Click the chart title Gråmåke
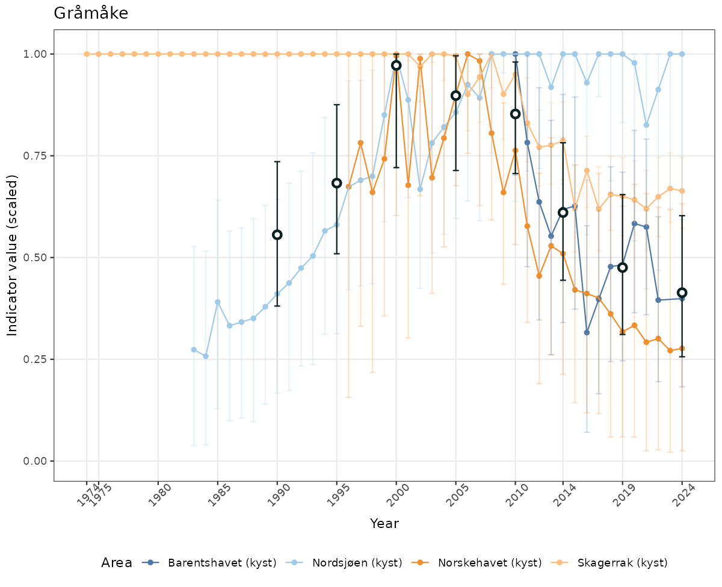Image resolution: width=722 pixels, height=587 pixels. [91, 13]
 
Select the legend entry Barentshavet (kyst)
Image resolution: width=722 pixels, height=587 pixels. [222, 563]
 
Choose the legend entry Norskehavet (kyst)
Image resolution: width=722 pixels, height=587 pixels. [490, 563]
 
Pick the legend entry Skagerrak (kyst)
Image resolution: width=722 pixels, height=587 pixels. [622, 563]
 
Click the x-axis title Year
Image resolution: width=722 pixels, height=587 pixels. [384, 524]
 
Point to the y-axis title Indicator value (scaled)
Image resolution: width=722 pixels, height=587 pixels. [13, 255]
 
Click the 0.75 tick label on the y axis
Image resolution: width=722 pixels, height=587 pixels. [36, 156]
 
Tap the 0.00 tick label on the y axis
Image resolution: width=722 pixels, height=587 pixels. [36, 461]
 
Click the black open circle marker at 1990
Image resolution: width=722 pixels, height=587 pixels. [277, 235]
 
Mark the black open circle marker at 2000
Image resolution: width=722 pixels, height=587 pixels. [396, 65]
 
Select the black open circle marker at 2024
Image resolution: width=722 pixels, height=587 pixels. [682, 293]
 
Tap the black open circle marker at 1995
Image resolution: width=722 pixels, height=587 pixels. [337, 183]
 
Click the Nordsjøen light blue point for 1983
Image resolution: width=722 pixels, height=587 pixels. [194, 350]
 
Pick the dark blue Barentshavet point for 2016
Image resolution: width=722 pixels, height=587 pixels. [587, 332]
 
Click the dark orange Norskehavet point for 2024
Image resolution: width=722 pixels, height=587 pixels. [682, 348]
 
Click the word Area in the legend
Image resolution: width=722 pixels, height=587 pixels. [117, 563]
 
